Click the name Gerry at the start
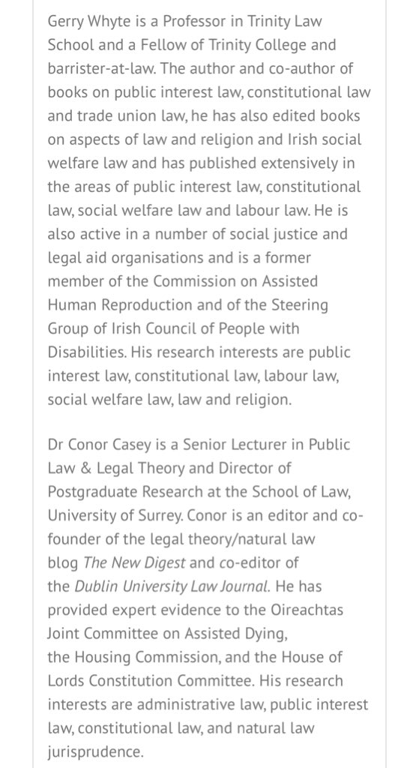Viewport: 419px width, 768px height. click(64, 22)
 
